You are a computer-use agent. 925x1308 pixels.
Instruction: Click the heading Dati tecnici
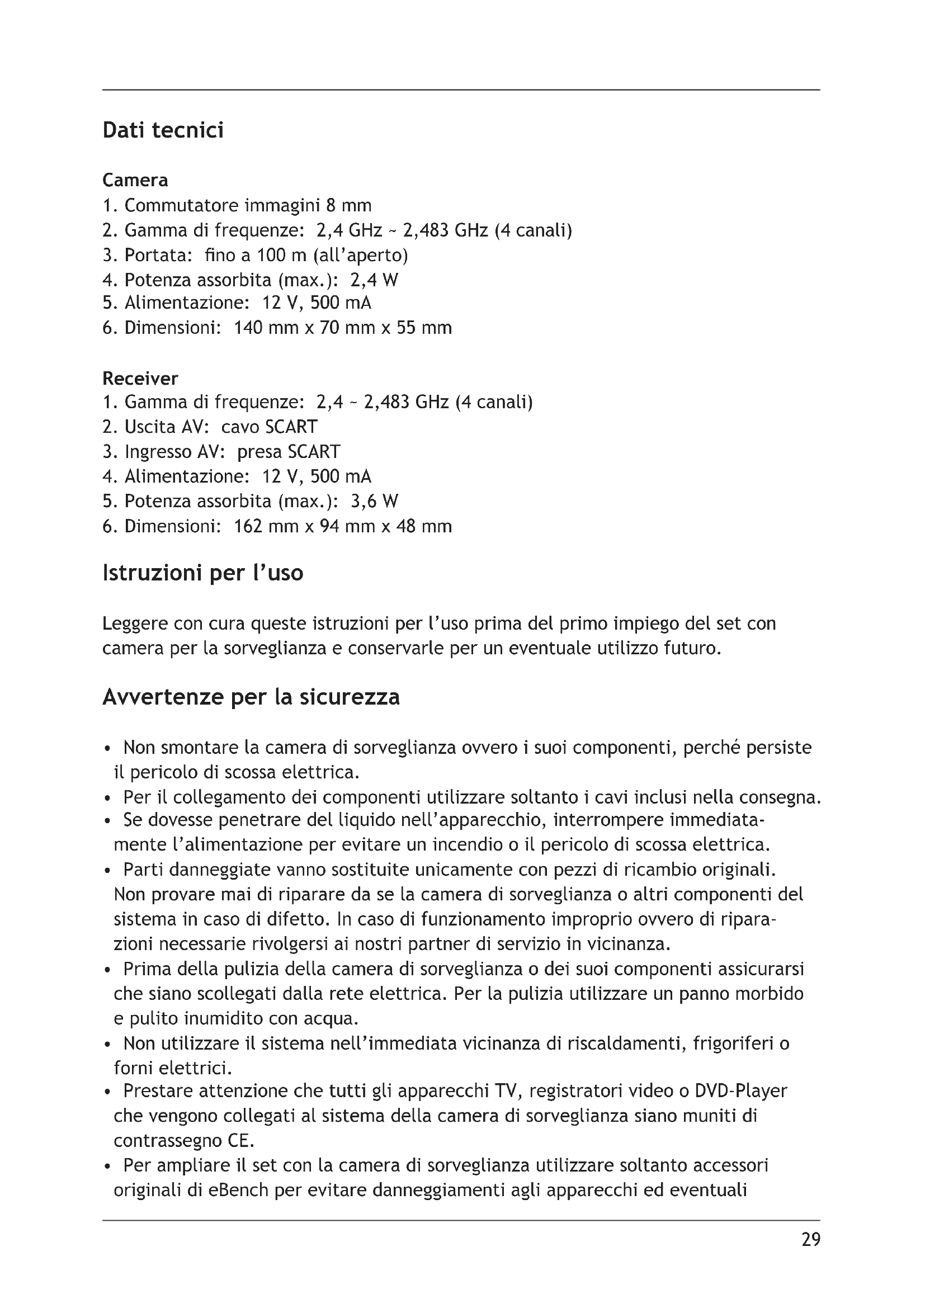pos(163,130)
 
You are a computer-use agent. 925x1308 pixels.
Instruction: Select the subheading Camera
pos(135,180)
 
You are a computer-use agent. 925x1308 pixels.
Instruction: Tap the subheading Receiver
pos(140,378)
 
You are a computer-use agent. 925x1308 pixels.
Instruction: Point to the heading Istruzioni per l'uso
pos(203,573)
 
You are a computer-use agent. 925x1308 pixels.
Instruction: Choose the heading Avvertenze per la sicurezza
pos(251,697)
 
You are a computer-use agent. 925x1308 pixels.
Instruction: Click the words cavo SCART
pos(269,427)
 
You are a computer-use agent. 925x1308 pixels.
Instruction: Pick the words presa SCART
pos(288,452)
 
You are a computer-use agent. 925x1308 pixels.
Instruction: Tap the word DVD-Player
pos(740,1091)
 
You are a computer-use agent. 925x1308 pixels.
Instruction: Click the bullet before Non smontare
pos(107,749)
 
